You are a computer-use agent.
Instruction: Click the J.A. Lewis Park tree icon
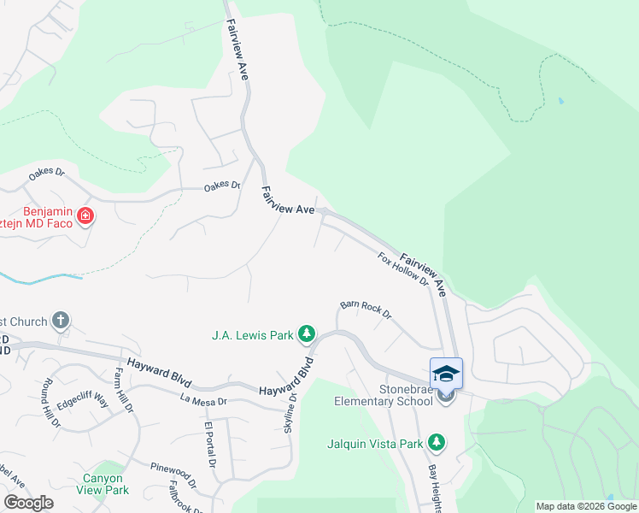coord(308,334)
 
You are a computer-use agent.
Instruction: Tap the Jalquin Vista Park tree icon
coord(437,442)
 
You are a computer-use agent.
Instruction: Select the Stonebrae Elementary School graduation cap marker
coord(446,374)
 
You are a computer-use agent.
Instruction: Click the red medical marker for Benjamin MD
coord(85,215)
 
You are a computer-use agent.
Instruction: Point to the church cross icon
coord(60,321)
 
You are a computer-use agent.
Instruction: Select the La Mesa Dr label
coord(203,399)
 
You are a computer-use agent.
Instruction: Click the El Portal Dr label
coord(208,445)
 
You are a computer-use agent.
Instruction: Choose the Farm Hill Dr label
coord(125,390)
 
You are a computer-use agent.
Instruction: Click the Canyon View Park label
coord(106,484)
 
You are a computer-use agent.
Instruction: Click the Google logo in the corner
coord(28,503)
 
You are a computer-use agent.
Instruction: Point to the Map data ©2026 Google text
coord(587,506)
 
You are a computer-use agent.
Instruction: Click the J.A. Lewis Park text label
coord(252,335)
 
